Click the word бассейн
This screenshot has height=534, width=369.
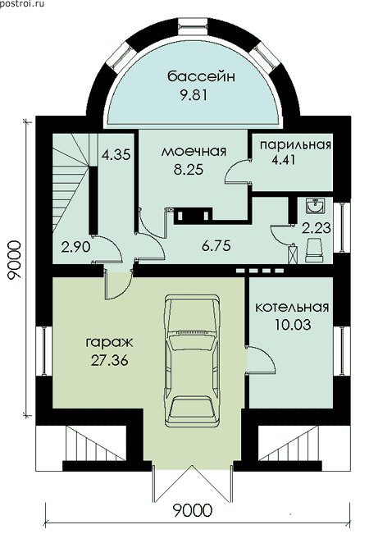[x=201, y=76]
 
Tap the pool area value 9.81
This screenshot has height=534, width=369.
[x=194, y=95]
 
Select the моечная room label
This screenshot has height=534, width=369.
[x=194, y=151]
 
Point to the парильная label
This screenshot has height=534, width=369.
[x=295, y=144]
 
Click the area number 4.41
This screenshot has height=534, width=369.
[x=283, y=160]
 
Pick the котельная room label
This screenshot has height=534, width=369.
[x=292, y=307]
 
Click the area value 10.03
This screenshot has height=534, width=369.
[x=293, y=325]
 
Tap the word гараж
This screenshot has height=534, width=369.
[x=109, y=343]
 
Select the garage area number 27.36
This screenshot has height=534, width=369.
[x=110, y=360]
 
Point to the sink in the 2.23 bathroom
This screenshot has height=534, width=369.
[x=315, y=205]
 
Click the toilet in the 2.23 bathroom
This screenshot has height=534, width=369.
[x=314, y=249]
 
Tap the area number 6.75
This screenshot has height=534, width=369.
[x=216, y=245]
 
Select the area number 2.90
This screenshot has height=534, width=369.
[x=75, y=247]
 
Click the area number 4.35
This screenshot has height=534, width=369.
[x=116, y=155]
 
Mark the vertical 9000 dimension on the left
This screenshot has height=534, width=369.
[x=15, y=260]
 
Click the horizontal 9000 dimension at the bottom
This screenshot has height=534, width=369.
[x=193, y=511]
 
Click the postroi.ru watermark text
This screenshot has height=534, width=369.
[x=22, y=4]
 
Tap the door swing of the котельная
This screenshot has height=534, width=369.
[x=261, y=360]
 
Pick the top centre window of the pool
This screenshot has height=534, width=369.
[x=193, y=25]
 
